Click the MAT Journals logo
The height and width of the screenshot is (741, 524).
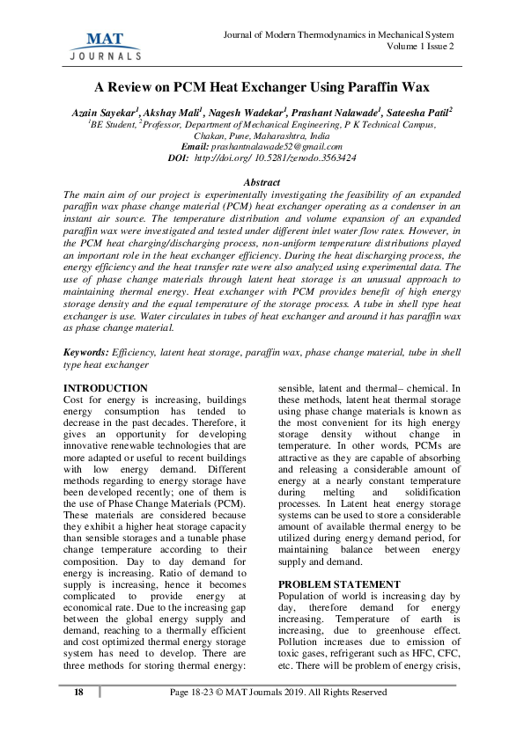coord(105,44)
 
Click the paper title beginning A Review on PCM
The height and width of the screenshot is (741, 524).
coord(262,88)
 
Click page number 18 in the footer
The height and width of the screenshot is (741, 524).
coord(78,693)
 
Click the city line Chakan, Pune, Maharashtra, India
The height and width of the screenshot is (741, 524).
coord(262,137)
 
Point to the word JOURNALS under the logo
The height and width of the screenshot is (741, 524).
coord(105,55)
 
